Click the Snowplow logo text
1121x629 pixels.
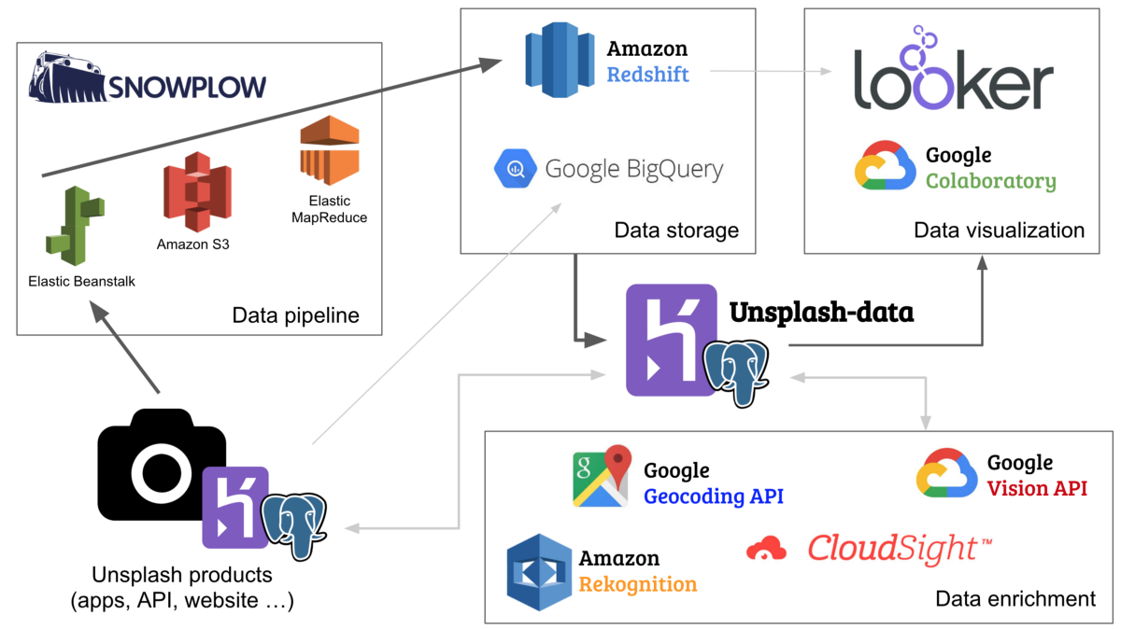pos(187,87)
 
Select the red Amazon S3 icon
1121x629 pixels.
pos(195,192)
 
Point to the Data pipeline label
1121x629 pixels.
pos(295,315)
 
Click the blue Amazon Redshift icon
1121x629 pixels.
pos(560,59)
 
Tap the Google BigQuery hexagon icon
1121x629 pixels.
pos(514,170)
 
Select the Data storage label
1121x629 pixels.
pos(676,230)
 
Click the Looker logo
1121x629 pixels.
pos(953,75)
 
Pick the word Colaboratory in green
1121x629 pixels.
pos(990,181)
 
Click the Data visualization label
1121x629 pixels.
pos(999,230)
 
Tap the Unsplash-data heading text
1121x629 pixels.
pos(821,311)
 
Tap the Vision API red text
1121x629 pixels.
pos(1037,487)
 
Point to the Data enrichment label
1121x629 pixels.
pos(1015,598)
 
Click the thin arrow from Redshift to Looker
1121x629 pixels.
pos(771,71)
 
